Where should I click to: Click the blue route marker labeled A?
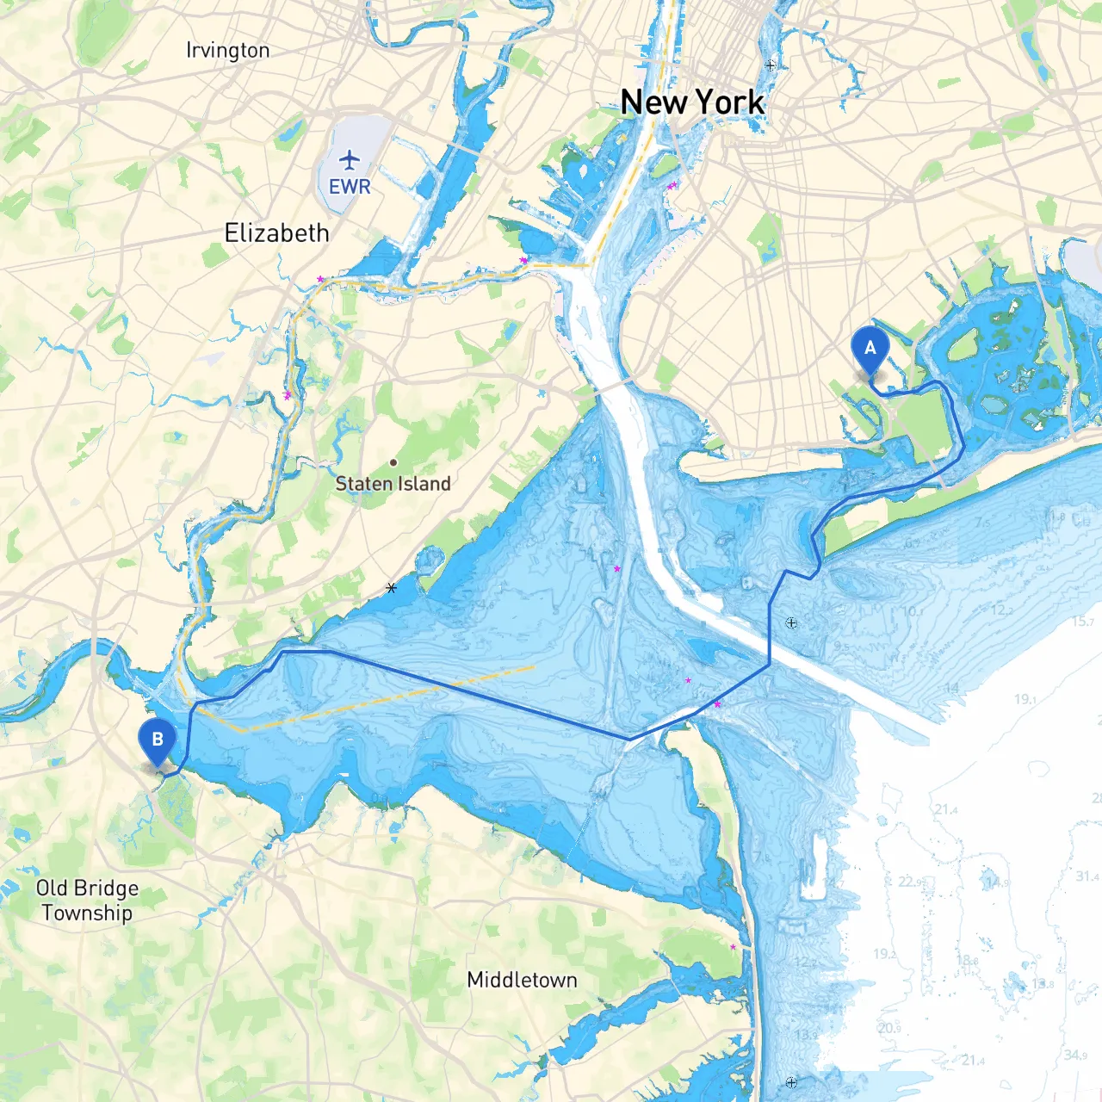870,349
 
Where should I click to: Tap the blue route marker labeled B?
157,740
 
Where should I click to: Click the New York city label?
692,102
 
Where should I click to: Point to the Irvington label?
227,51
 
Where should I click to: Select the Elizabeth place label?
276,233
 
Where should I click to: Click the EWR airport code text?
350,187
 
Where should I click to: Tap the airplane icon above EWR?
350,159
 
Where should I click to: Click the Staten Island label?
393,484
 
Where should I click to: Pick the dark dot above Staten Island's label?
393,462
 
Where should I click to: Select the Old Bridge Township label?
87,901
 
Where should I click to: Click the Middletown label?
522,980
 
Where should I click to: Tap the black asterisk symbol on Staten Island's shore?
392,588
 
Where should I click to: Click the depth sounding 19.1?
1025,699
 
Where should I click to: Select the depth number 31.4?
1087,876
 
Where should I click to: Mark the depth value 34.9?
1074,1055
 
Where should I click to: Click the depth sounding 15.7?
1082,622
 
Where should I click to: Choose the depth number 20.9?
889,1028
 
